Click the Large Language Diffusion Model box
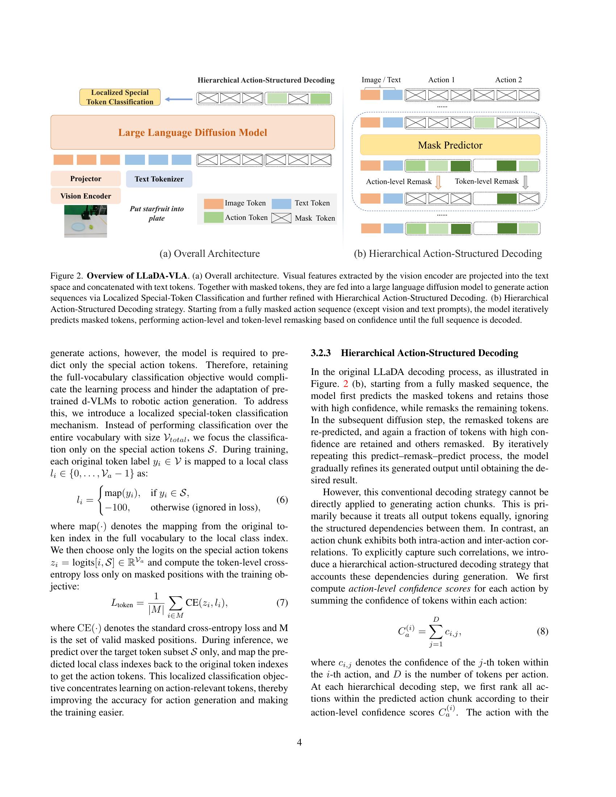pos(192,133)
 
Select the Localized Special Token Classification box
pos(120,97)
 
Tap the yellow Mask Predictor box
pos(450,145)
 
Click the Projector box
pos(86,179)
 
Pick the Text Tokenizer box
pos(159,179)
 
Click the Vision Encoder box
pos(86,196)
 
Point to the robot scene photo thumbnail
pos(86,221)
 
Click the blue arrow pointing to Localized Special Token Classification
pos(178,99)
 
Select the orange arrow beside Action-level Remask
pos(438,182)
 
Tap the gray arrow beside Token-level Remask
pos(525,182)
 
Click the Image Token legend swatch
pos(213,203)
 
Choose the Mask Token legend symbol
pos(281,218)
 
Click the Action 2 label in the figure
pos(508,80)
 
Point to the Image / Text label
pos(380,80)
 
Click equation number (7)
pos(282,603)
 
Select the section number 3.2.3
pos(320,353)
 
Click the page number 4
pos(299,742)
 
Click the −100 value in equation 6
pos(117,507)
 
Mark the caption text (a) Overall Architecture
pos(209,254)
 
